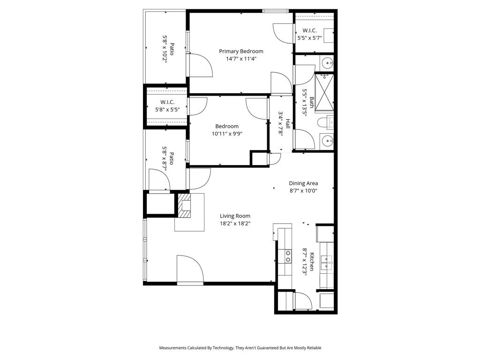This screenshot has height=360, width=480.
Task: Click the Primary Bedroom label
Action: [x=241, y=51]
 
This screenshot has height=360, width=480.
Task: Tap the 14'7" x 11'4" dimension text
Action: [x=241, y=59]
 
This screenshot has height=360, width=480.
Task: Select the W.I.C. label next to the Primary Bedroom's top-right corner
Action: [x=309, y=30]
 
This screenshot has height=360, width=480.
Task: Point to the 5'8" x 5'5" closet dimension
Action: [x=167, y=110]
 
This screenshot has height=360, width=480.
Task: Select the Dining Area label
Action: [x=303, y=183]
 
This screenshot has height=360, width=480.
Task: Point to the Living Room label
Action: [x=235, y=216]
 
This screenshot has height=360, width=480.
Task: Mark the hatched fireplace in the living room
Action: [x=185, y=206]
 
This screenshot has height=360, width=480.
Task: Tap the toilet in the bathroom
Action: [x=325, y=123]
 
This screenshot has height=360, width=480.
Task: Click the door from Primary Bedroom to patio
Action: [x=199, y=65]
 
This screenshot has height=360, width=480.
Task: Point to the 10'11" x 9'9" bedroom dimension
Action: [x=227, y=134]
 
